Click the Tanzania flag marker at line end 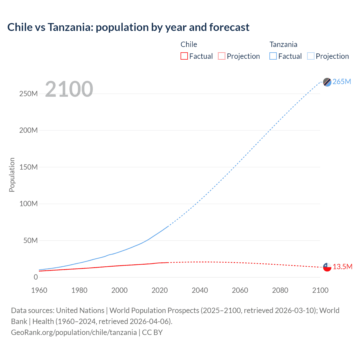(x=327, y=82)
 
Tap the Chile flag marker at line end (x=327, y=267)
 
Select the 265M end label (x=342, y=82)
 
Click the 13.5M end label (x=342, y=267)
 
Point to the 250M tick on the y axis (x=28, y=94)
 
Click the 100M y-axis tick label (x=28, y=204)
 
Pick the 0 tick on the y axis (x=36, y=277)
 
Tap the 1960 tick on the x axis (x=39, y=290)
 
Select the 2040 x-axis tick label (x=200, y=290)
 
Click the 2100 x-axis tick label (x=320, y=290)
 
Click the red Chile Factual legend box (x=184, y=56)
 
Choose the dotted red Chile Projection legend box (x=222, y=56)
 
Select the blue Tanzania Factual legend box (x=273, y=56)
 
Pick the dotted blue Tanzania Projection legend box (x=310, y=56)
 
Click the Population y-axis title (x=12, y=175)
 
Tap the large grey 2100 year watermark (x=69, y=89)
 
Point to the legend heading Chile (x=189, y=44)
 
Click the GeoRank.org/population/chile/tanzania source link (x=74, y=332)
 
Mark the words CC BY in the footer (x=152, y=332)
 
